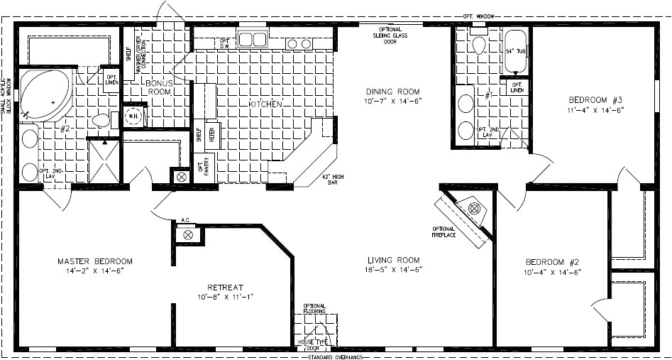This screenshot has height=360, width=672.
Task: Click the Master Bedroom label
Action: tap(94, 261)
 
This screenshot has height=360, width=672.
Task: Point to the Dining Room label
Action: tap(393, 92)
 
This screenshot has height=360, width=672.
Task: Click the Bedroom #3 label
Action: tap(595, 99)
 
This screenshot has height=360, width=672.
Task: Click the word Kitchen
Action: tap(265, 104)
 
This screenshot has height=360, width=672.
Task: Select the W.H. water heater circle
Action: tap(133, 116)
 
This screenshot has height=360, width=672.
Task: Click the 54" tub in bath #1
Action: tap(514, 51)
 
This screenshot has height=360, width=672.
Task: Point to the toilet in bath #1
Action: tap(478, 45)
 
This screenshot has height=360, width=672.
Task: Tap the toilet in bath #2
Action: tap(101, 119)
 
